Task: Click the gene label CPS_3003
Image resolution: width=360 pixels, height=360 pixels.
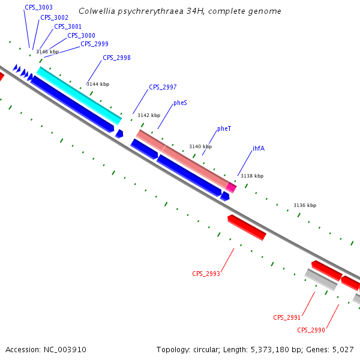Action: (x=38, y=7)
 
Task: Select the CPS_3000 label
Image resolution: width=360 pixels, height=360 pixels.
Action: (x=81, y=35)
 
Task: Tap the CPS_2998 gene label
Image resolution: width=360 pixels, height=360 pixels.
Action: (x=116, y=58)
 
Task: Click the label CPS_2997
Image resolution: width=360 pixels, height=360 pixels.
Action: (x=163, y=87)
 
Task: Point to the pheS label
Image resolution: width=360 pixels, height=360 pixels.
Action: (x=180, y=103)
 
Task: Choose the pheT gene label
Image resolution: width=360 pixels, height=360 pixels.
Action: (x=224, y=129)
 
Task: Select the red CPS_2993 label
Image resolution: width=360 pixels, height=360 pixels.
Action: (x=206, y=274)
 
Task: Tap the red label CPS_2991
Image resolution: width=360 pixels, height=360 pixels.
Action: (x=287, y=317)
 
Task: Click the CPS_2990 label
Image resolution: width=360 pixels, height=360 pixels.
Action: (x=311, y=330)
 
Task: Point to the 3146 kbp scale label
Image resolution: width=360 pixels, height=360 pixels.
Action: (x=47, y=52)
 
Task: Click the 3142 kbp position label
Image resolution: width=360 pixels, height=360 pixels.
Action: (x=149, y=115)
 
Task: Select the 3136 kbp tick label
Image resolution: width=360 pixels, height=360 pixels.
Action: (x=304, y=205)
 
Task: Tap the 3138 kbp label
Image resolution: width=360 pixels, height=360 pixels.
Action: (x=251, y=176)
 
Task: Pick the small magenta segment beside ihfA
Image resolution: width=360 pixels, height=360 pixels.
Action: (x=231, y=187)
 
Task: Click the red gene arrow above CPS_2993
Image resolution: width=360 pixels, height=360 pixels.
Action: (x=247, y=227)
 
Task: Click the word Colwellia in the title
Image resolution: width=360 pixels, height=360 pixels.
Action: (x=97, y=11)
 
